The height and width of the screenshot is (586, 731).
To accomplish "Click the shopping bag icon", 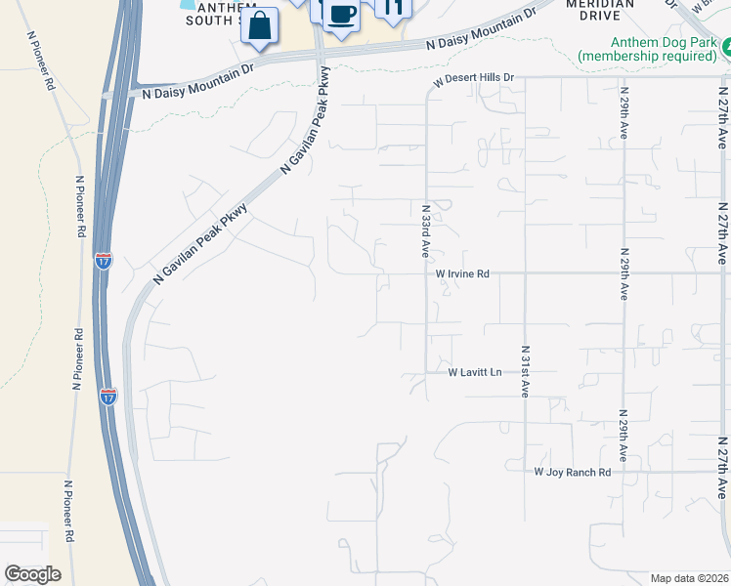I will tap(259, 25).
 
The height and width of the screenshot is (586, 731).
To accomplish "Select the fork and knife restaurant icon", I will tap(393, 9).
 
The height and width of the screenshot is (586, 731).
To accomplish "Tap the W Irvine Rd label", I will tap(462, 274).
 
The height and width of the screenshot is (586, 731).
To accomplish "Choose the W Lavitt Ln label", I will tap(475, 372).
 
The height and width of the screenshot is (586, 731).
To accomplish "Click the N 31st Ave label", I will tap(525, 370).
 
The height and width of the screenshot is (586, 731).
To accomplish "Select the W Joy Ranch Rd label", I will tap(573, 472).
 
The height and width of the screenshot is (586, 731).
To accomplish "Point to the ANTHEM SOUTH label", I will tap(228, 13).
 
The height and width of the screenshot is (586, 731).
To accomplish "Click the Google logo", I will tap(32, 573).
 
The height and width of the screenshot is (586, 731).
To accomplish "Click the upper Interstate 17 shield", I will tap(104, 260).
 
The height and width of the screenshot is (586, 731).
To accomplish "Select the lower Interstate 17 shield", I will tap(107, 396).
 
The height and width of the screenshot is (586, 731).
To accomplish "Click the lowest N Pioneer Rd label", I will tap(68, 511).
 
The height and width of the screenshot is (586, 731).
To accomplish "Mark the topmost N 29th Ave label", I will tap(623, 113).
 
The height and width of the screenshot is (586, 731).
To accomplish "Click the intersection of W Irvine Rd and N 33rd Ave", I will tap(426, 273).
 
